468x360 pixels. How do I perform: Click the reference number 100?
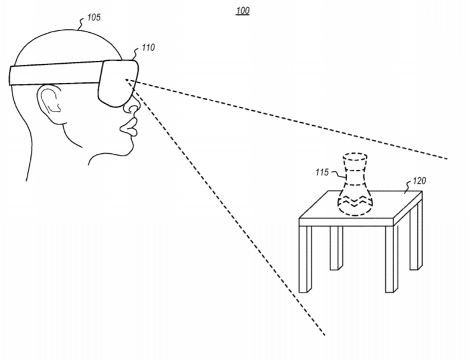tap(243, 11)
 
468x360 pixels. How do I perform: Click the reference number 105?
tap(93, 17)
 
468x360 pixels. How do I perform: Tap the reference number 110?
tap(148, 48)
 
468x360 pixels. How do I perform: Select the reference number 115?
tap(322, 172)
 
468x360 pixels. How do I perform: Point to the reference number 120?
tap(419, 181)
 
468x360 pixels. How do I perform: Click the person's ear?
tap(49, 103)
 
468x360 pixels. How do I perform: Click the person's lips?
tap(129, 127)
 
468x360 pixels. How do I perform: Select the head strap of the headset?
tap(55, 73)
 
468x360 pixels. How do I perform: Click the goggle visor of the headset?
tap(118, 83)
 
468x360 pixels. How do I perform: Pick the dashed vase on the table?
tap(355, 184)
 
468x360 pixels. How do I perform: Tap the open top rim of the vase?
tap(355, 157)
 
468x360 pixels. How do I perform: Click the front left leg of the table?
tap(305, 259)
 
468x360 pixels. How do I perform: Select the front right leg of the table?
tap(391, 259)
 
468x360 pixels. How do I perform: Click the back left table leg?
tap(336, 248)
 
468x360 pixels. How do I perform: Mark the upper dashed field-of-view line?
tap(286, 119)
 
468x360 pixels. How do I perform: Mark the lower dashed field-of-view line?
tap(225, 207)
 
